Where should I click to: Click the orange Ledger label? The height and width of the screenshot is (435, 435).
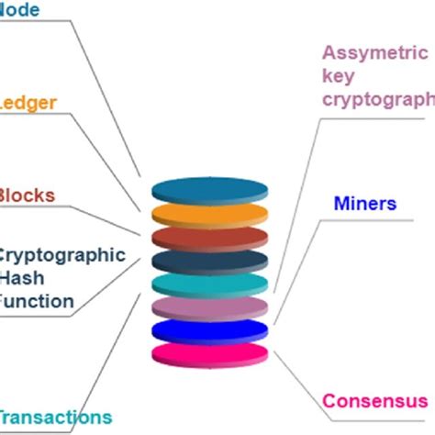(x=28, y=102)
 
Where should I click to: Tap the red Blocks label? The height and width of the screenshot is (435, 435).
(x=27, y=195)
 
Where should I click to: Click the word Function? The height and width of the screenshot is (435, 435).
(x=37, y=300)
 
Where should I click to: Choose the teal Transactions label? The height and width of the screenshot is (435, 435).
(x=55, y=417)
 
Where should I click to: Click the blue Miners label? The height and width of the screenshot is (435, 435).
(x=365, y=204)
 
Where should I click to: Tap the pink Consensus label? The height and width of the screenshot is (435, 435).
(x=374, y=401)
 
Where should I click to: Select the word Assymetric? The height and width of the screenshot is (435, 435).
(x=374, y=51)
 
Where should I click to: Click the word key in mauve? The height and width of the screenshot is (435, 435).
(x=338, y=75)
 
